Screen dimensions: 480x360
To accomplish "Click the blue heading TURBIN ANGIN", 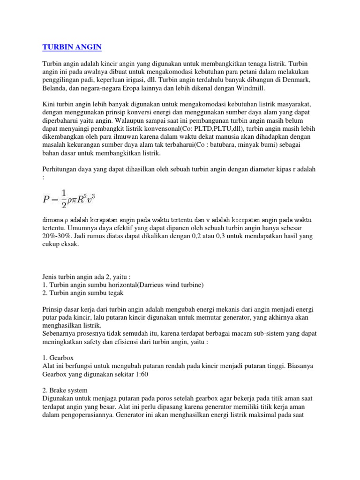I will point(72,47).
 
